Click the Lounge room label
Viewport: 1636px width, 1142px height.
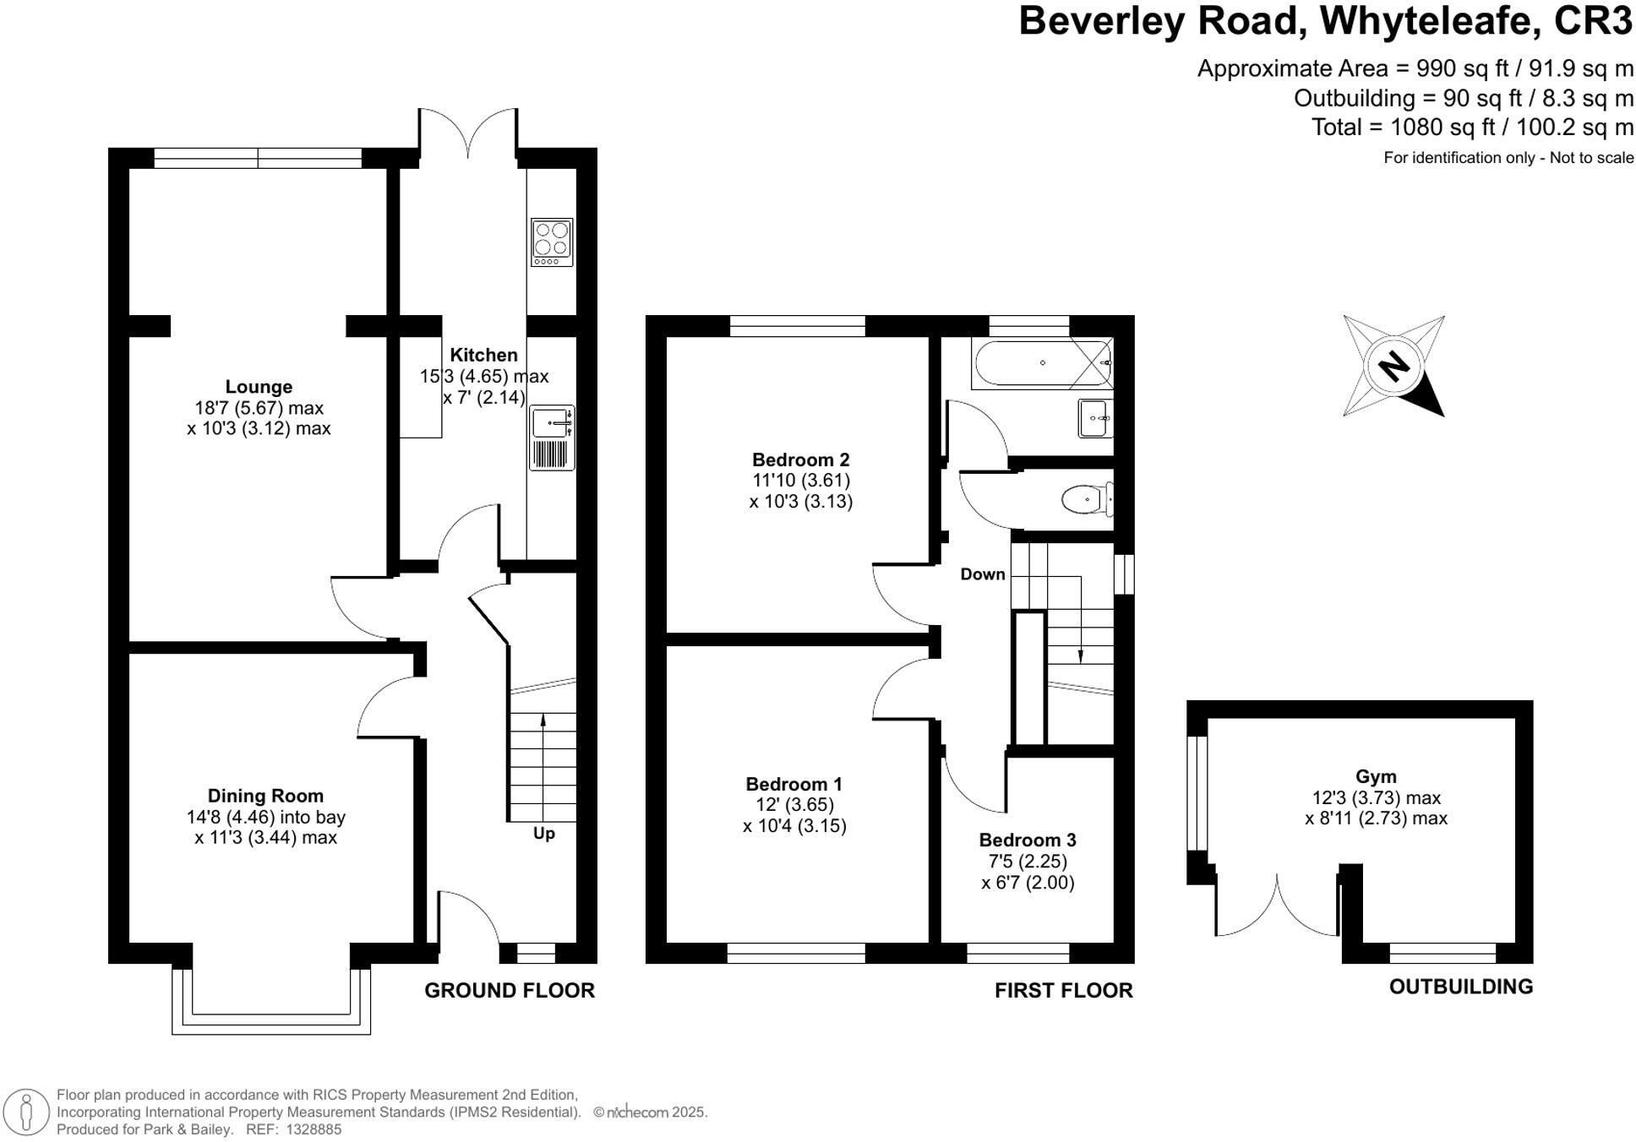tap(259, 387)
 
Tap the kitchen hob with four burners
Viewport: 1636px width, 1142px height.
tap(552, 242)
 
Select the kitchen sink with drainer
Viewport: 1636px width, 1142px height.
tap(553, 438)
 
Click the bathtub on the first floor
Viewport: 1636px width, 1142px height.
tap(1041, 363)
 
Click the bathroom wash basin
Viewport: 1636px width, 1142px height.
tap(1095, 418)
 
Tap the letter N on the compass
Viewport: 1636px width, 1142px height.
tap(1393, 367)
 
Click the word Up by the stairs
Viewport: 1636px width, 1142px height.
tap(543, 834)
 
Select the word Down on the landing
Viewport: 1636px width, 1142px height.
tap(982, 574)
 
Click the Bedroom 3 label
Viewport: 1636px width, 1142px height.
tap(1027, 840)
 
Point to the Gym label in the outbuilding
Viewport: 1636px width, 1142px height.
tap(1375, 776)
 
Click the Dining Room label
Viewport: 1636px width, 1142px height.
tap(265, 796)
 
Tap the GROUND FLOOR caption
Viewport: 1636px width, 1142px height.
tap(509, 991)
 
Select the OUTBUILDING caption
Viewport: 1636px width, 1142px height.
tap(1460, 987)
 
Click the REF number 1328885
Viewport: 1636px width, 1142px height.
tap(314, 1129)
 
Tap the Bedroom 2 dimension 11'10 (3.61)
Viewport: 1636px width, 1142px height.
tap(800, 481)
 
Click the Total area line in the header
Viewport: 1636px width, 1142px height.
tap(1471, 128)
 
